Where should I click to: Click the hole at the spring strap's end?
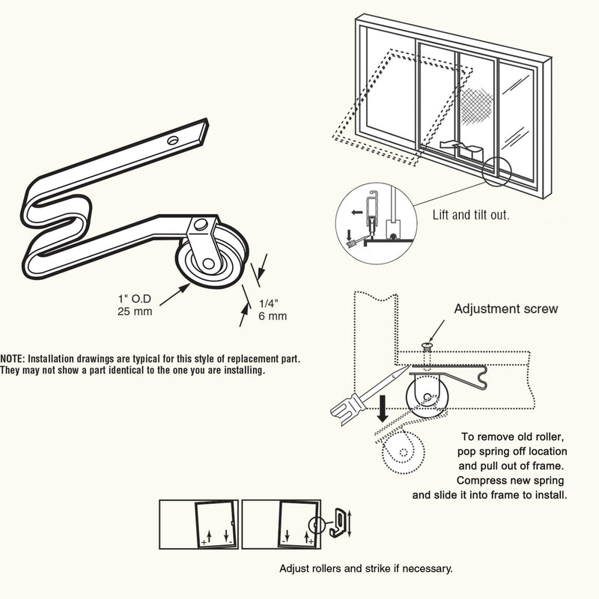point(173,139)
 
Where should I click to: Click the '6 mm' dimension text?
point(272,316)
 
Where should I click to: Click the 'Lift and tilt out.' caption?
point(471,215)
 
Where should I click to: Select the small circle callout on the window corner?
point(496,171)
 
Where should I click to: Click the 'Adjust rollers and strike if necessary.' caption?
point(365,569)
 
